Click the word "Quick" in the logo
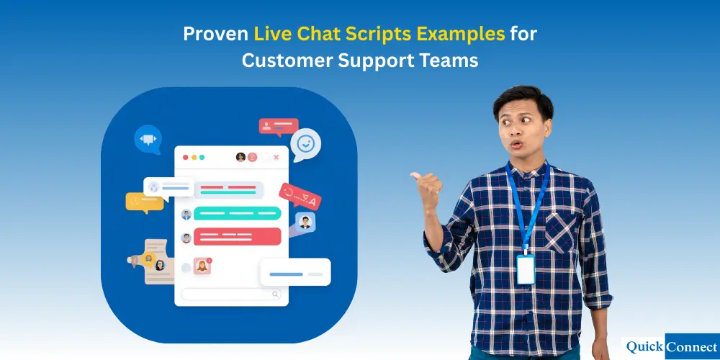pyautogui.click(x=644, y=346)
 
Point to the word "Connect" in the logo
pyautogui.click(x=690, y=346)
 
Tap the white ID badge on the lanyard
pyautogui.click(x=526, y=269)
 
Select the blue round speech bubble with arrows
pyautogui.click(x=148, y=139)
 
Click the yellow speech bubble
pyautogui.click(x=144, y=202)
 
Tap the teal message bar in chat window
pyautogui.click(x=237, y=213)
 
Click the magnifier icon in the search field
pyautogui.click(x=275, y=294)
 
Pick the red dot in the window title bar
pyautogui.click(x=185, y=157)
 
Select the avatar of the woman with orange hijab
pyautogui.click(x=202, y=266)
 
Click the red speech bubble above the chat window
pyautogui.click(x=278, y=127)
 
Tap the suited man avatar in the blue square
pyautogui.click(x=305, y=222)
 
